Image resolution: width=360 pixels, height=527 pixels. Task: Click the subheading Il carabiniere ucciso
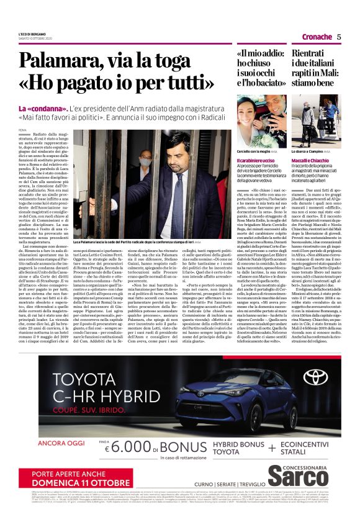[x=257, y=161]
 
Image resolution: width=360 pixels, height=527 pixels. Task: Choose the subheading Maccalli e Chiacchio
[x=312, y=161]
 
